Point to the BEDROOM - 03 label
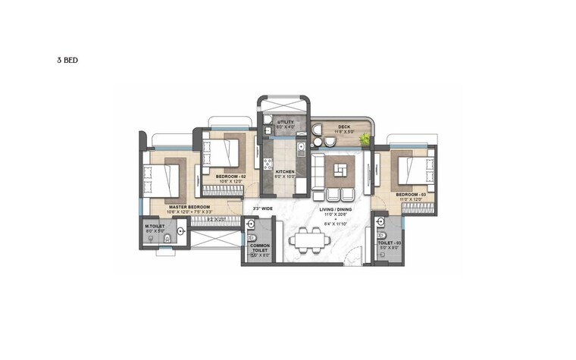412,195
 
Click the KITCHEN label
284,172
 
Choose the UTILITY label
285,121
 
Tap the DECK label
333,127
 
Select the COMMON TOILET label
258,250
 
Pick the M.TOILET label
155,226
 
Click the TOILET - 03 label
390,243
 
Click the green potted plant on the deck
365,139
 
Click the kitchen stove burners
267,162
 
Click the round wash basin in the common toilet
251,222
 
